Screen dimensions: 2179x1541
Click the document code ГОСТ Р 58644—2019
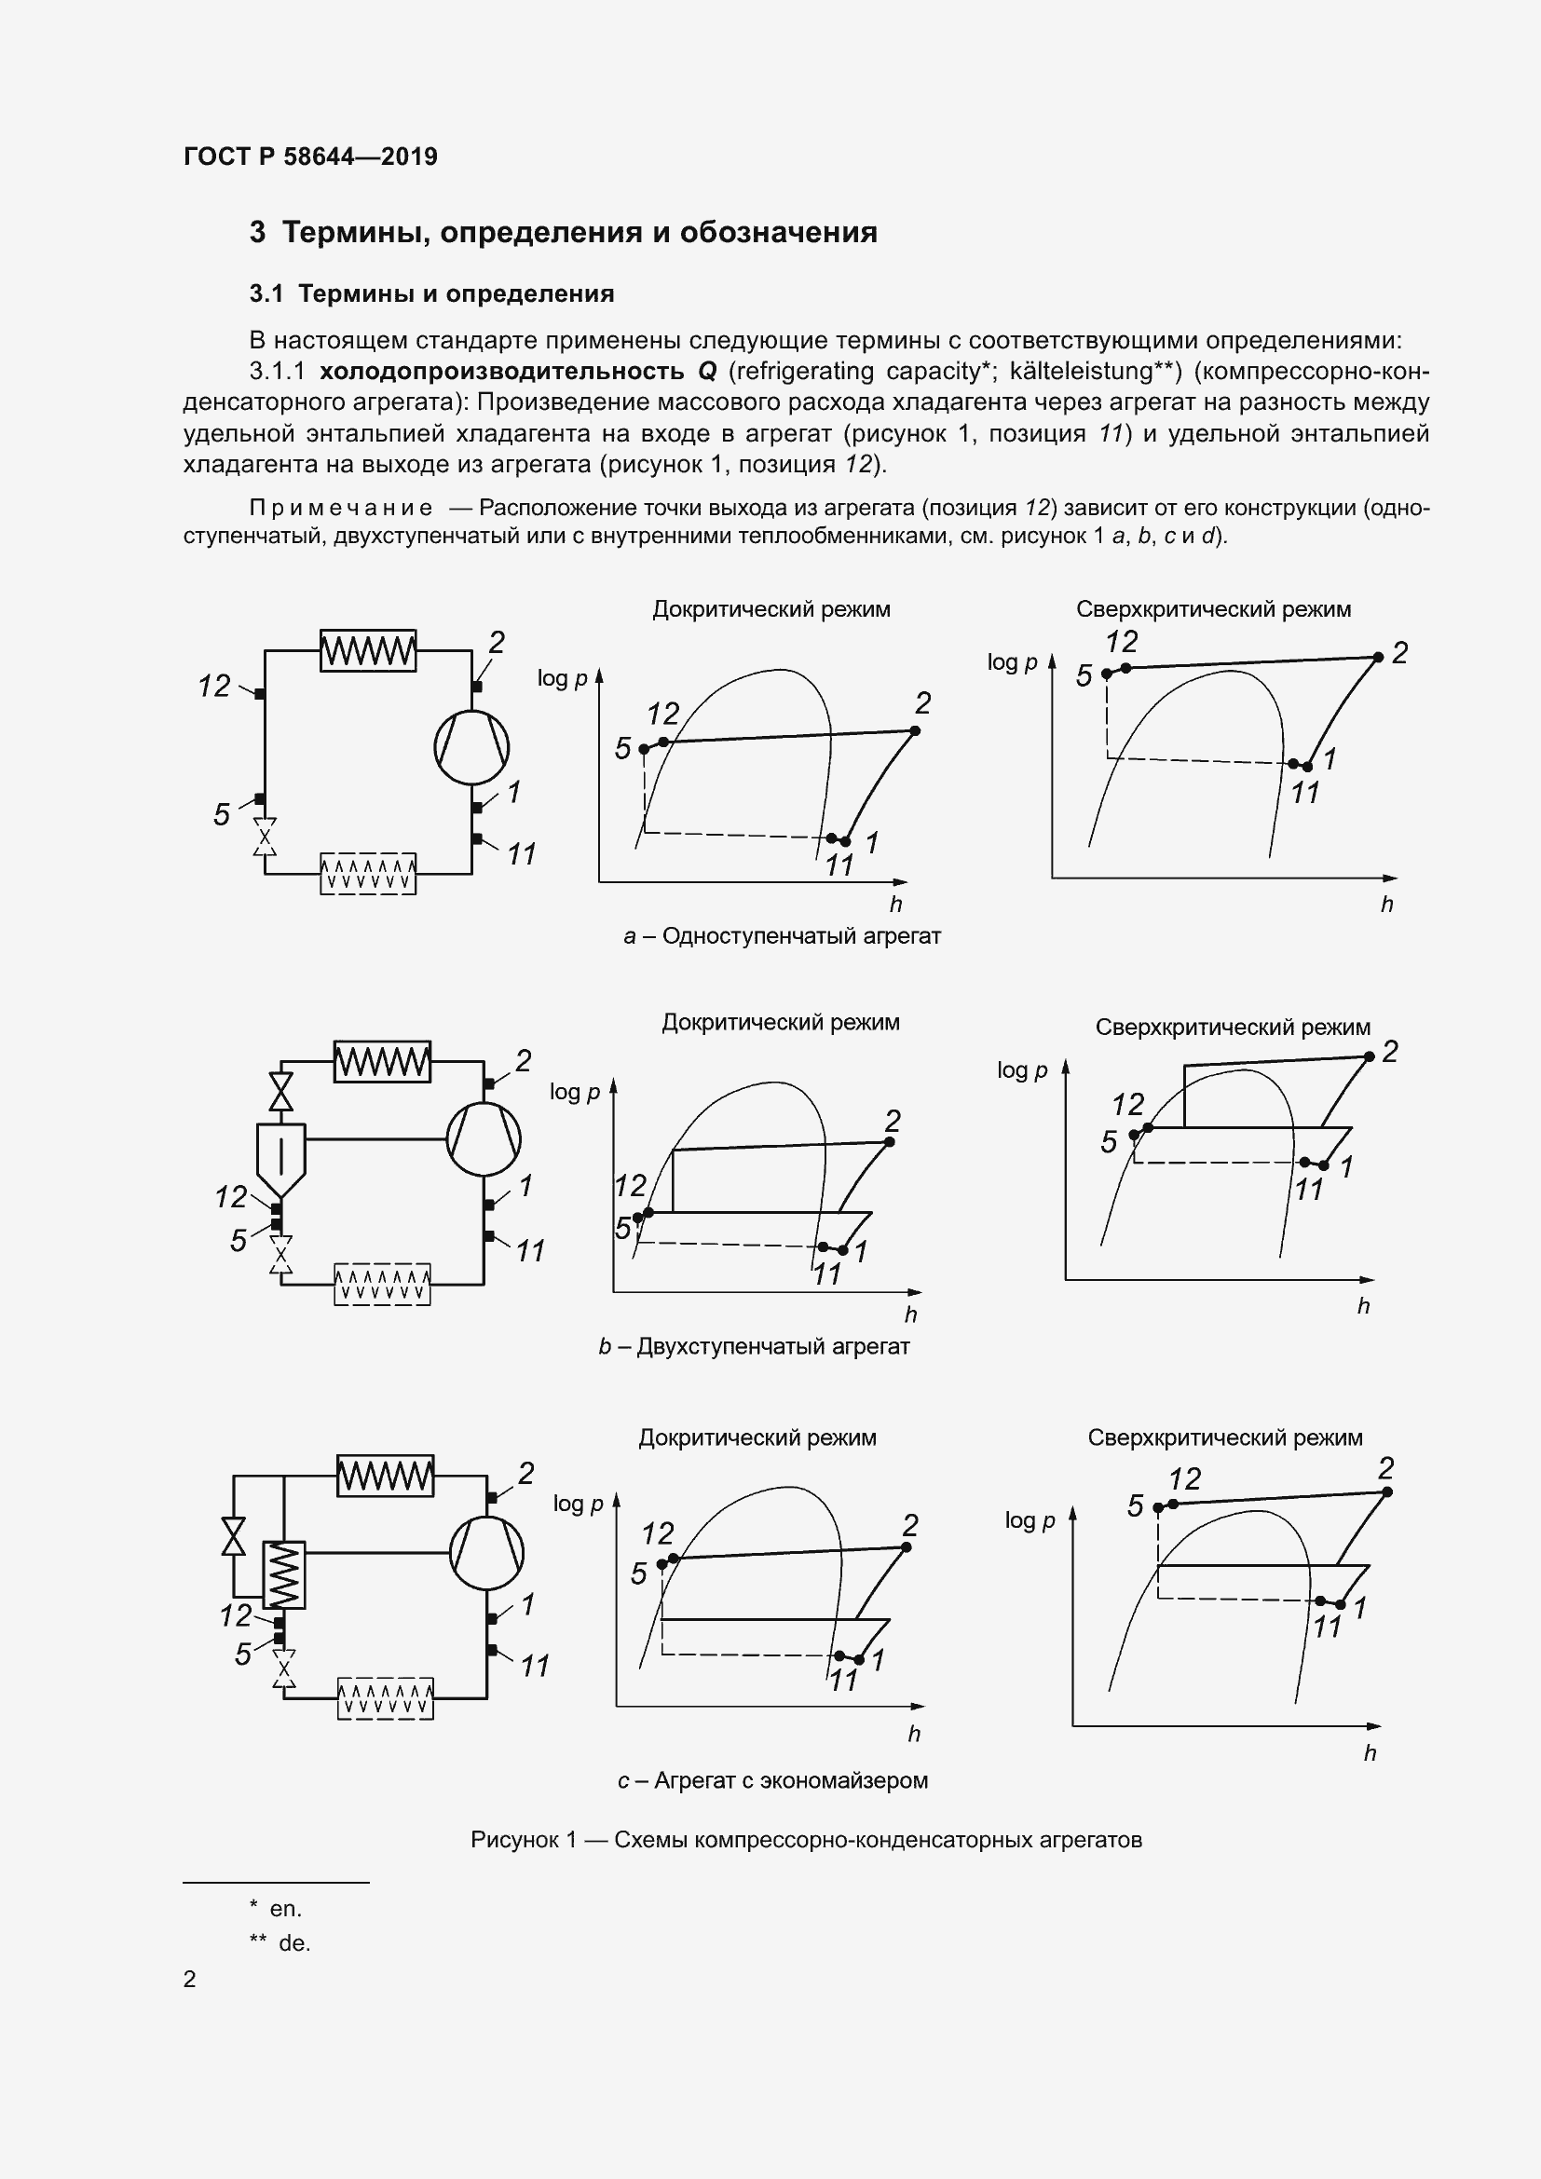(x=310, y=157)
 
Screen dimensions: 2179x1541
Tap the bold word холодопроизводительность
(x=501, y=371)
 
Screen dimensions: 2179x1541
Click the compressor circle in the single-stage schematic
(x=471, y=747)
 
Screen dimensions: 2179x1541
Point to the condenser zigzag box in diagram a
(x=368, y=651)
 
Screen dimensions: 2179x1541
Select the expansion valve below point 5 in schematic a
(x=265, y=838)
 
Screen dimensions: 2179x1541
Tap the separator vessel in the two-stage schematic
(x=280, y=1160)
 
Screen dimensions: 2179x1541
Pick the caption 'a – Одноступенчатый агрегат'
(x=782, y=936)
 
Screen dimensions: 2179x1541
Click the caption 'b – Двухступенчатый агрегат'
(x=754, y=1347)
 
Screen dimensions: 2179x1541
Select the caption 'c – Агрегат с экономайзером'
(x=772, y=1780)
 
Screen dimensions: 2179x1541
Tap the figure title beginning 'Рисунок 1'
(x=806, y=1840)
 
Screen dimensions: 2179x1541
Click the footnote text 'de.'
(x=294, y=1942)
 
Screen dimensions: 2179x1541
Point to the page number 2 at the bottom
(x=190, y=1979)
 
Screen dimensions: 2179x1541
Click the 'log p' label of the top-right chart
(x=1012, y=662)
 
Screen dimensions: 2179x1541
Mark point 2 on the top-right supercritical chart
(x=1378, y=657)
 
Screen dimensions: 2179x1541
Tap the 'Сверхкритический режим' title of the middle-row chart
(x=1233, y=1027)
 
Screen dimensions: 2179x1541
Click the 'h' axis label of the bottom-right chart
(x=1370, y=1754)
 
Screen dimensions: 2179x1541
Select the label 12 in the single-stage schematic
(x=214, y=686)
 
